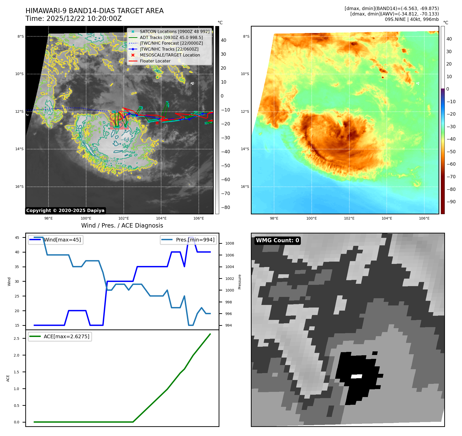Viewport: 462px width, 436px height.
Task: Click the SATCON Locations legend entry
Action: click(174, 31)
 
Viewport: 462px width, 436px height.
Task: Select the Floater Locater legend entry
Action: click(155, 61)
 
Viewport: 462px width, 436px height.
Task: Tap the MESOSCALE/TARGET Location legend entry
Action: click(170, 55)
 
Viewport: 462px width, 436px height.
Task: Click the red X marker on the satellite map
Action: click(157, 123)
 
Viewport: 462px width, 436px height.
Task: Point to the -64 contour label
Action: click(125, 140)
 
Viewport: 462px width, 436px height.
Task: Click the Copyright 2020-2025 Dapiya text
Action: click(65, 211)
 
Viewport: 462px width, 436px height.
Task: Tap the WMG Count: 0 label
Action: click(277, 240)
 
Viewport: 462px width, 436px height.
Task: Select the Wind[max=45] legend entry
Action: click(62, 240)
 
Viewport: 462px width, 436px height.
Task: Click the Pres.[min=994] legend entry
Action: click(195, 240)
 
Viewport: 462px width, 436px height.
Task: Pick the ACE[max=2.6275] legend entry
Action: click(66, 337)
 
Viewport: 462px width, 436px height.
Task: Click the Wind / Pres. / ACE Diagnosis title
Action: click(122, 226)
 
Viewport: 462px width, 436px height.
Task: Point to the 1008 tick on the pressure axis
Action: click(229, 244)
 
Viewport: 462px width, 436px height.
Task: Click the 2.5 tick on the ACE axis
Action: click(16, 338)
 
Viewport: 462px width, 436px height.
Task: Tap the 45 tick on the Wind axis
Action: click(17, 238)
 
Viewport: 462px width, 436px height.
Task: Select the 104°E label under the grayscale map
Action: click(161, 219)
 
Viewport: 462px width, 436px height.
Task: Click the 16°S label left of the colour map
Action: click(245, 187)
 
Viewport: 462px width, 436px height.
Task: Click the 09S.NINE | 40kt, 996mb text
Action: click(412, 19)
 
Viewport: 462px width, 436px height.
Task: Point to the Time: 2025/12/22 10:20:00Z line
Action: click(73, 19)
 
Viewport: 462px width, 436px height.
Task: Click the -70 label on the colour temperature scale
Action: click(451, 177)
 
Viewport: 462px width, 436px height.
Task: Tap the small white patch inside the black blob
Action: click(357, 376)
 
